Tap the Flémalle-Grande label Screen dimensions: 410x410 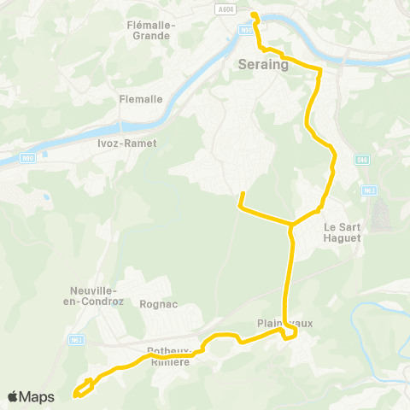150,30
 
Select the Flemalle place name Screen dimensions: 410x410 141,99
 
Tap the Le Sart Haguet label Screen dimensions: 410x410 343,232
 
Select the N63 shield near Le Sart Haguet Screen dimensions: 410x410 369,190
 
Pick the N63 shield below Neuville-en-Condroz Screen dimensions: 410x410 76,341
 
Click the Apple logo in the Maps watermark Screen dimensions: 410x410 15,396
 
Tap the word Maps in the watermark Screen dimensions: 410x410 38,396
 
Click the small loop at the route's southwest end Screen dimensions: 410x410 83,389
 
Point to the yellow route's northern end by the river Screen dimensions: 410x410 254,14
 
